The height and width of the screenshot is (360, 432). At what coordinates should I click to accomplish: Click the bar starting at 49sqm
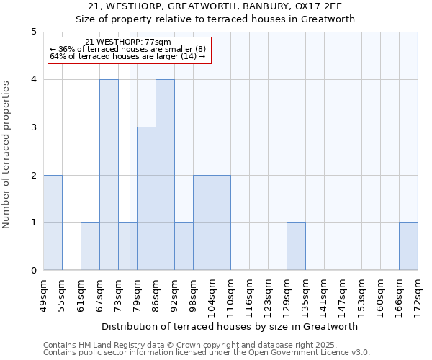tap(53, 222)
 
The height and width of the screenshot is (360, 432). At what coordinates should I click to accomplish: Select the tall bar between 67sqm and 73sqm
tap(109, 175)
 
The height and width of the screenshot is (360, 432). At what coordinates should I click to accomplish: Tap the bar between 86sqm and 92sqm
tap(165, 175)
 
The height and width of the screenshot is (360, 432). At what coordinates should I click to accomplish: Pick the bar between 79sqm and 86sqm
tap(146, 199)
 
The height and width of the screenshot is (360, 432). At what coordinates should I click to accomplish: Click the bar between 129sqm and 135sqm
tap(296, 246)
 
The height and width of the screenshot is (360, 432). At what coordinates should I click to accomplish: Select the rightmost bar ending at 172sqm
tap(408, 246)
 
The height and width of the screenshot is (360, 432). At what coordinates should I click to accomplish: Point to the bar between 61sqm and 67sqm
tap(90, 246)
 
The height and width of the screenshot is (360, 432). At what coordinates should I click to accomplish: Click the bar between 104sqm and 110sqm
tap(221, 222)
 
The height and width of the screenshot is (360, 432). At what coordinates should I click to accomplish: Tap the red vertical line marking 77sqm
tap(130, 180)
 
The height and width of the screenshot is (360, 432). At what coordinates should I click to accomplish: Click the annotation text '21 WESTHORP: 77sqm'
tap(128, 42)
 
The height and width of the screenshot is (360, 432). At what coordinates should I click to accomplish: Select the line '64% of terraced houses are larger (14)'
tap(128, 56)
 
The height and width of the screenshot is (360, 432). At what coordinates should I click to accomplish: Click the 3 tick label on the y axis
tap(33, 127)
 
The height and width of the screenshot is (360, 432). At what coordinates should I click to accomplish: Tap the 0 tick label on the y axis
tap(33, 271)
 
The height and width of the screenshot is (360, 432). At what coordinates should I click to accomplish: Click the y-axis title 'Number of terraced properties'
tap(7, 154)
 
